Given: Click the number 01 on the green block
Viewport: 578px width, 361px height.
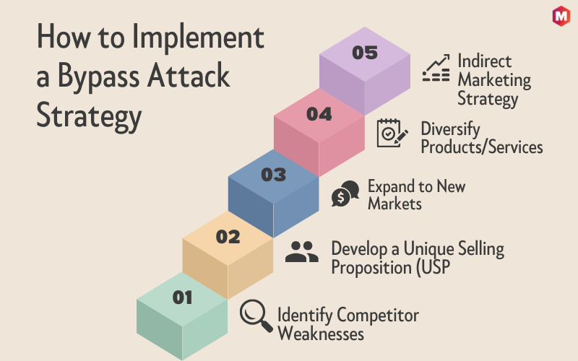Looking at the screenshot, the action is (182, 297).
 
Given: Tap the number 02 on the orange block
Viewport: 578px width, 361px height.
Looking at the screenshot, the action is (228, 237).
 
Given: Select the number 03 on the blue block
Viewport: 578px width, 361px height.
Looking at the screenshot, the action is (274, 175).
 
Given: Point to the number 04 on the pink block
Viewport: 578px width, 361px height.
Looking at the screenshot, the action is (319, 114).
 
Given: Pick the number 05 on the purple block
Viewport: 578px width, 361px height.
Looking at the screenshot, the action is (365, 53).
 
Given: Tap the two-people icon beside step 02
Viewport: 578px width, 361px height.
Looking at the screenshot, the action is (301, 251).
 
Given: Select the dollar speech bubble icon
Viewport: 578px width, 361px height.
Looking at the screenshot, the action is (345, 193).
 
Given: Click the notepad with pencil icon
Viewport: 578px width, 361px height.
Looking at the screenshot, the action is (392, 133).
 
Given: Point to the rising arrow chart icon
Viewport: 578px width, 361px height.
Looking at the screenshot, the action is (436, 68).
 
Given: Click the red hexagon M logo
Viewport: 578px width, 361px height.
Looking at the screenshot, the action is (561, 16).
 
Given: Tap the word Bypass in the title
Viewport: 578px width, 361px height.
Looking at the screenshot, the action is (98, 77).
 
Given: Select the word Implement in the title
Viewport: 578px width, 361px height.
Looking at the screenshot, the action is (198, 37).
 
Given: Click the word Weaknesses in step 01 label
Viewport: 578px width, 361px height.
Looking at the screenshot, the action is (321, 334).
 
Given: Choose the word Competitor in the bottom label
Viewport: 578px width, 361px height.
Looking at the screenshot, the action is (378, 316).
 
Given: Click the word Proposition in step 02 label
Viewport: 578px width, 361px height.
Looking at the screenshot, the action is (371, 267).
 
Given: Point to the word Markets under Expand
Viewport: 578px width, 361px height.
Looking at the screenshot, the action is (394, 204).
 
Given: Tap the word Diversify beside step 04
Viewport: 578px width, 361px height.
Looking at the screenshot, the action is (450, 129).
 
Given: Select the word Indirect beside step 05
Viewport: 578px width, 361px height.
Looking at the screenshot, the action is (484, 61).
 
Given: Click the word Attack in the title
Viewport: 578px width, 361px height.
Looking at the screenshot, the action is (189, 76).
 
